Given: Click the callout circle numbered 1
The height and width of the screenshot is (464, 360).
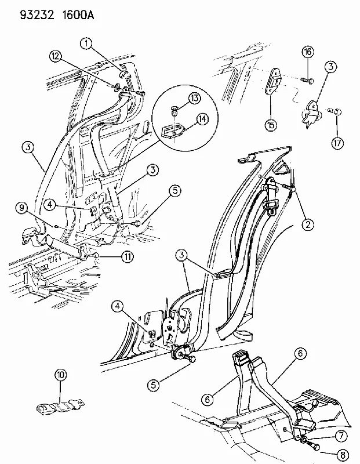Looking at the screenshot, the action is pos(86,45).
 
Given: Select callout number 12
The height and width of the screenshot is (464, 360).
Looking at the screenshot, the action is pos(56,56).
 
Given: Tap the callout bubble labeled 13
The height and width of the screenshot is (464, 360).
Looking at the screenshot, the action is pos(194,98).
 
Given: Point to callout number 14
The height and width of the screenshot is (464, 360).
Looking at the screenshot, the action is pos(202,119).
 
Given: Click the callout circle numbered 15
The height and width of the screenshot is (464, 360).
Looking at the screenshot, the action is pos(271,125).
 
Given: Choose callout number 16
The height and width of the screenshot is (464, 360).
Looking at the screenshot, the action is pos(308,52).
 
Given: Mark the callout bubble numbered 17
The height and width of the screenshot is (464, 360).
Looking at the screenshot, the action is pos(337,143).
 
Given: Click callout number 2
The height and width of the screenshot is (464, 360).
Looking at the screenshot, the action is pos(308,225).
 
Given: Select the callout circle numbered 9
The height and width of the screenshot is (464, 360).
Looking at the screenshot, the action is pos(21,208).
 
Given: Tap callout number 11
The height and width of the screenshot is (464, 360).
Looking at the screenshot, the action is pos(127,257).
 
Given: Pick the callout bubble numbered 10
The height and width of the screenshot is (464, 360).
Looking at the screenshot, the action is pos(60,375).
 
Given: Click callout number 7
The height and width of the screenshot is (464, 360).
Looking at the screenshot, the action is pos(341,436).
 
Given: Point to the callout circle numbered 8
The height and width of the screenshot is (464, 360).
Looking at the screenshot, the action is pos(343,455).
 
